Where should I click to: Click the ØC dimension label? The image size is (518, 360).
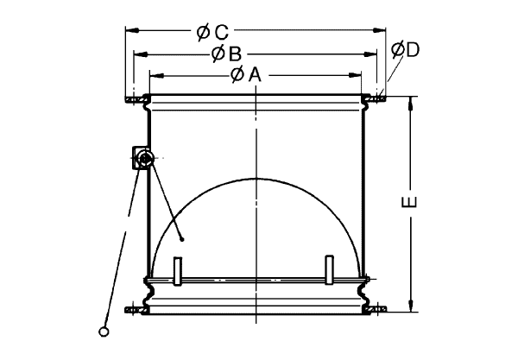(x=212, y=32)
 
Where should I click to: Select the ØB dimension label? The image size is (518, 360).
(x=226, y=54)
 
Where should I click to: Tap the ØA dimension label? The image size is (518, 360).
(x=246, y=74)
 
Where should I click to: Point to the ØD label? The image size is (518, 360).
(x=406, y=49)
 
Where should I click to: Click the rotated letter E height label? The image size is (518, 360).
(x=409, y=202)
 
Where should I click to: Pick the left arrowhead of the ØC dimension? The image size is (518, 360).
(x=132, y=30)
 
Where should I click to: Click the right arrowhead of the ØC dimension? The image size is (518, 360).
(x=379, y=30)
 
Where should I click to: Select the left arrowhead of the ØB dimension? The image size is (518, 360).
(x=141, y=54)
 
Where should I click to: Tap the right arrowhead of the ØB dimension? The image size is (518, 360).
(x=370, y=54)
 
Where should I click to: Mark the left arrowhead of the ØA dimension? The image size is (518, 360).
(x=156, y=76)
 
